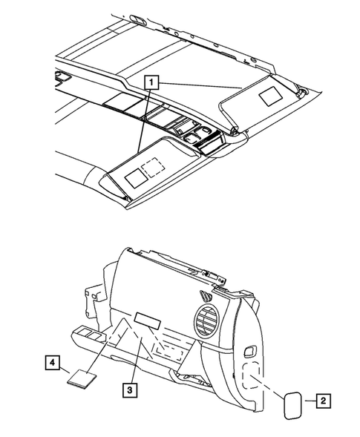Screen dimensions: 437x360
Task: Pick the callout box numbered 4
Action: [x=51, y=363]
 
